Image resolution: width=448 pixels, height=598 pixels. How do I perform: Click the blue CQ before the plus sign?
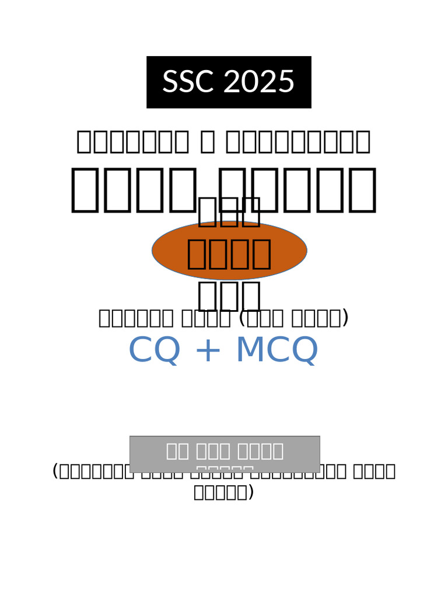(154, 350)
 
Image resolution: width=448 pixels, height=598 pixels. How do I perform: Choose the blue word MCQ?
(276, 350)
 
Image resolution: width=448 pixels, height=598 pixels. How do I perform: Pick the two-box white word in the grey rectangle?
(178, 451)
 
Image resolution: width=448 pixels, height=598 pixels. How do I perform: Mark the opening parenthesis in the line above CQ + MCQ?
(242, 318)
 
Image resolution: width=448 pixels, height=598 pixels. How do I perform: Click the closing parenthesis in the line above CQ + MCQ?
(345, 318)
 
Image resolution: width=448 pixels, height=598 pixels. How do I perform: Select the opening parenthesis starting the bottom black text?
(55, 471)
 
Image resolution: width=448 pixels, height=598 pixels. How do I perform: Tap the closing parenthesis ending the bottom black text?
(251, 492)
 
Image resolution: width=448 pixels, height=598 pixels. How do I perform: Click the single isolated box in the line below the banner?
(207, 142)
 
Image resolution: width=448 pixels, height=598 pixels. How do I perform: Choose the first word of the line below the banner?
(133, 142)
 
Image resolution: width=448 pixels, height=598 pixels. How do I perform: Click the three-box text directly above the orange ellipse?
(229, 212)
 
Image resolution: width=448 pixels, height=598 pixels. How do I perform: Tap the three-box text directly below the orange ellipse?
(229, 296)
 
